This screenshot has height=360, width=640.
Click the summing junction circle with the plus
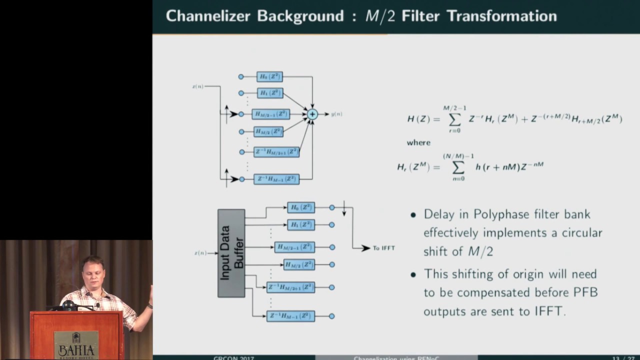point(312,114)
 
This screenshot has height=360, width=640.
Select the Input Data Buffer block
point(231,253)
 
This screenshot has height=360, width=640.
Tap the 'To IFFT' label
point(383,248)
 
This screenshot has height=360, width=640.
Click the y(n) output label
point(336,114)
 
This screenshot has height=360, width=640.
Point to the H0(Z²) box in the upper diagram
point(270,76)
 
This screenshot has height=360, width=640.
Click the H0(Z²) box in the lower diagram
point(301,207)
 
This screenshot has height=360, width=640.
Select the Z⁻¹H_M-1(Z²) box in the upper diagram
point(276,179)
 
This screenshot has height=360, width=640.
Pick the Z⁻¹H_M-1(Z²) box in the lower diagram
point(290,316)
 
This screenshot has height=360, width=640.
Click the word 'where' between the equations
point(418,143)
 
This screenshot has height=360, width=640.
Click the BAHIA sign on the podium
point(76,344)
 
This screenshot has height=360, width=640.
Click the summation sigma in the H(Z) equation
point(454,119)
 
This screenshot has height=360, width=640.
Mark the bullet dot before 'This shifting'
point(413,274)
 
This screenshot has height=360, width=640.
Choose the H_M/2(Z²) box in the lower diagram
point(299,264)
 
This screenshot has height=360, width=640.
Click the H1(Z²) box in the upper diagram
point(270,93)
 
